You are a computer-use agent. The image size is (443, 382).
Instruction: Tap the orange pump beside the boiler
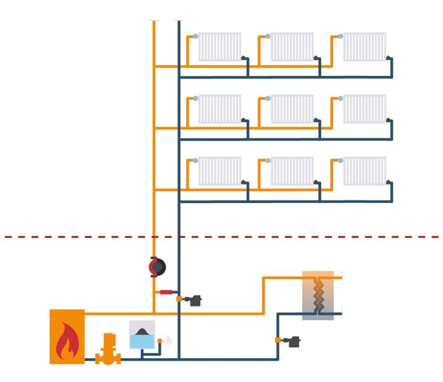tap(105, 349)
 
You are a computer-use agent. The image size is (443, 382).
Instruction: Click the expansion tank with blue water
tap(142, 334)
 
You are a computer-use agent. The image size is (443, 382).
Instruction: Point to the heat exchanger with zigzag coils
tap(318, 296)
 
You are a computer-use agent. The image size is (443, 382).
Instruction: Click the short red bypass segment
tap(167, 292)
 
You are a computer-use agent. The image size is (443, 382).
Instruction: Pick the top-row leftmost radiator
tap(220, 47)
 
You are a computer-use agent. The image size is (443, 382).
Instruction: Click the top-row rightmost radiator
tap(365, 47)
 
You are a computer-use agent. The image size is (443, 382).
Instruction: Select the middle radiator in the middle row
tap(292, 109)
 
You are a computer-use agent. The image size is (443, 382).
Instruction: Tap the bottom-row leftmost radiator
tap(220, 171)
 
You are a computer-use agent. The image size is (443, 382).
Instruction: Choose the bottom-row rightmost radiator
tap(365, 171)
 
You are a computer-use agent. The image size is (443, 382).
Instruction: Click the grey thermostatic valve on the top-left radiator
tap(196, 36)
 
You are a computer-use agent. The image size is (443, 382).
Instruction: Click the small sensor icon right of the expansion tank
tap(167, 341)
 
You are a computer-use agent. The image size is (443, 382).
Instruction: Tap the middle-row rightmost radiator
tap(365, 109)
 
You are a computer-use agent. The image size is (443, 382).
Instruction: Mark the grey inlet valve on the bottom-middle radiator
tap(268, 161)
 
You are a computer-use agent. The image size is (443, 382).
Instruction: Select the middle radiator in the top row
tap(292, 47)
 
